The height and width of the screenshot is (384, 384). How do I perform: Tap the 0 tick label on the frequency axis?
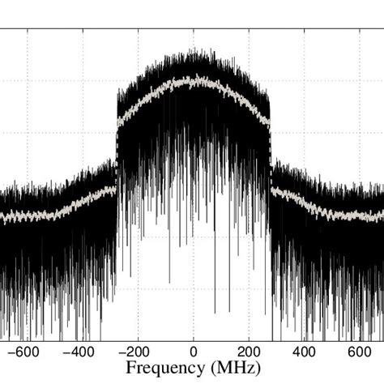pyautogui.click(x=193, y=352)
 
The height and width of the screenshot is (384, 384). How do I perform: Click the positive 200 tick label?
pyautogui.click(x=249, y=352)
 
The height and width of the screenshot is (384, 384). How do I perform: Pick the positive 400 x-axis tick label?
pyautogui.click(x=304, y=352)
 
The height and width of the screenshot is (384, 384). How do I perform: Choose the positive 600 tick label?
pyautogui.click(x=360, y=352)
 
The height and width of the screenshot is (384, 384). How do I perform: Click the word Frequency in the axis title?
pyautogui.click(x=167, y=369)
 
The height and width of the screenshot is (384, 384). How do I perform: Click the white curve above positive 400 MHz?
pyautogui.click(x=304, y=203)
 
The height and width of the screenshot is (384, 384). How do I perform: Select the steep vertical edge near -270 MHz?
pyautogui.click(x=117, y=146)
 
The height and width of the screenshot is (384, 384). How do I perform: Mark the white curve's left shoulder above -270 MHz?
pyautogui.click(x=120, y=122)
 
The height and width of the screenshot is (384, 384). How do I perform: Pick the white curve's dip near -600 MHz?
pyautogui.click(x=28, y=217)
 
